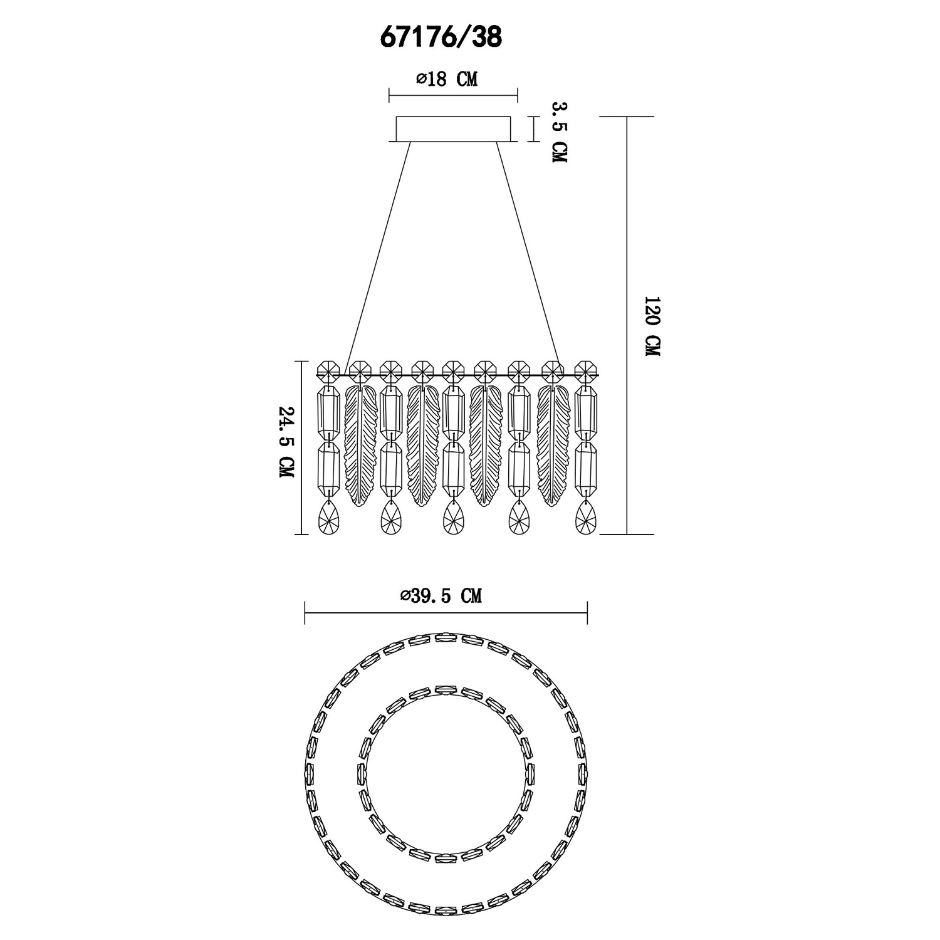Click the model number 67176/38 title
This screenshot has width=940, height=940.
point(441,38)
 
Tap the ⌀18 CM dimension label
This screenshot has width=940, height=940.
point(446,80)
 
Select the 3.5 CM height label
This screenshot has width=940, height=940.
point(558,132)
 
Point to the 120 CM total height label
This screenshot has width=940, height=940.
point(652,326)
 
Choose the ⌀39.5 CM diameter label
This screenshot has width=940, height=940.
point(441,595)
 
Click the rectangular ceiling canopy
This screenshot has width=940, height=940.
point(454,129)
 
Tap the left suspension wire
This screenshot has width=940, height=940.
point(378,258)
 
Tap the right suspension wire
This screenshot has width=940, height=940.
point(529,258)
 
